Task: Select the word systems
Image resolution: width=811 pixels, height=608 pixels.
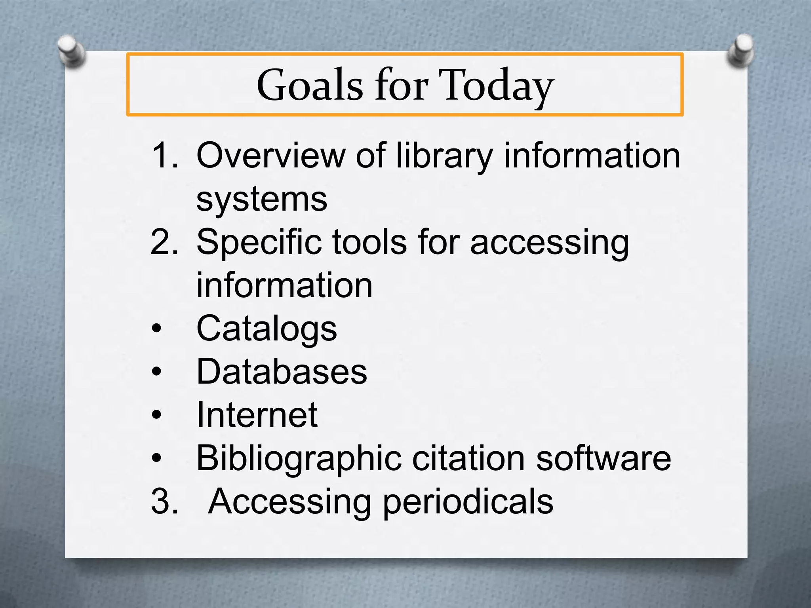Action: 262,199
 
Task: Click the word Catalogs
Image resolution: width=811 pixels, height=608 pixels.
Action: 267,329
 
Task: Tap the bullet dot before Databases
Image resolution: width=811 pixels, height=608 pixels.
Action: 157,372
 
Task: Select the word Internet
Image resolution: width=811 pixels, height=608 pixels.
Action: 257,415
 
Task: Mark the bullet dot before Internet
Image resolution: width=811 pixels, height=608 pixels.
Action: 157,415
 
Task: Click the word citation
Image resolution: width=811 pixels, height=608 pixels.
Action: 468,458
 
